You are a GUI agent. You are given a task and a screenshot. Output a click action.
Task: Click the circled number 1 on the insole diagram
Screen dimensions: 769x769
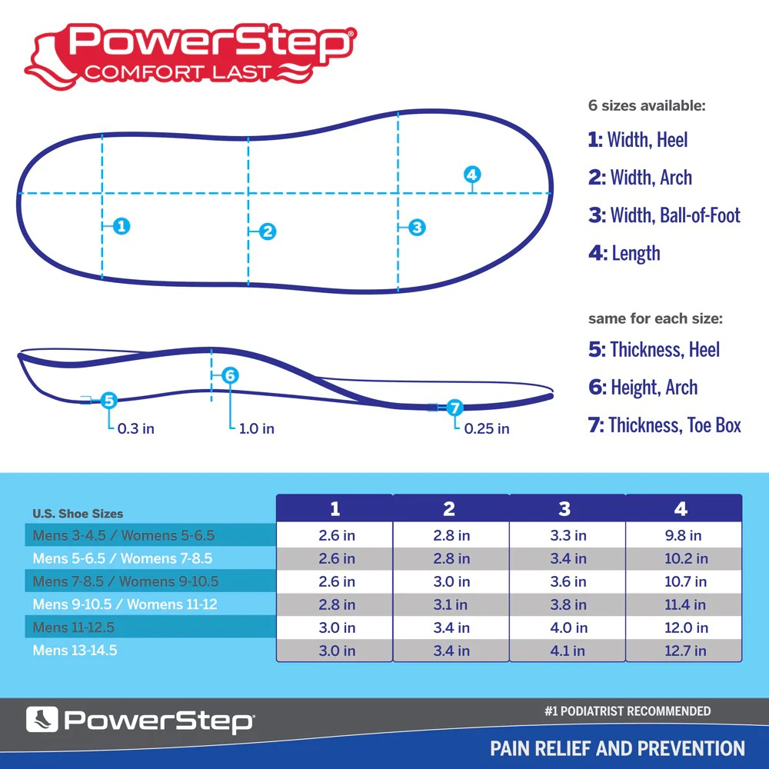pos(121,226)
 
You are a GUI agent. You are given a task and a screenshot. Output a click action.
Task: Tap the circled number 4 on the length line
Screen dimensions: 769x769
pos(472,175)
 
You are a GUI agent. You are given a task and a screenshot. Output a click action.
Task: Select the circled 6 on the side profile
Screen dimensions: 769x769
pos(230,375)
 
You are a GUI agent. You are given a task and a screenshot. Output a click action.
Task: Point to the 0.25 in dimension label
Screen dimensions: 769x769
pos(486,428)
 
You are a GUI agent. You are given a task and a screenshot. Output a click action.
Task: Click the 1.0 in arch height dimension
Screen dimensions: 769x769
pos(256,428)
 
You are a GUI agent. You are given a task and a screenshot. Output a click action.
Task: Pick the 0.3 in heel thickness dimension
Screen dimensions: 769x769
pos(135,428)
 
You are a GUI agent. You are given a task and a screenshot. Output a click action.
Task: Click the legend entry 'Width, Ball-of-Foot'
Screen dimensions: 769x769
pos(664,215)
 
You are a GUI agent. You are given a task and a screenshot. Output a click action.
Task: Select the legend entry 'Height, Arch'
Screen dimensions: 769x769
pos(643,387)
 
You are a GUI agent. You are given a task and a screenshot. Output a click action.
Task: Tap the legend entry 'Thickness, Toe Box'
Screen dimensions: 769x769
pos(664,424)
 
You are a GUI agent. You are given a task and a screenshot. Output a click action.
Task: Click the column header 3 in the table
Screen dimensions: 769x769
pos(565,509)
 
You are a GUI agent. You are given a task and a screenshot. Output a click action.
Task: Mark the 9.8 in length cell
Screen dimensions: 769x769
pos(683,535)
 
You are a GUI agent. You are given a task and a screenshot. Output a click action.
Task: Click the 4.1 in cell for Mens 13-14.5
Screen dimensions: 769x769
pos(568,651)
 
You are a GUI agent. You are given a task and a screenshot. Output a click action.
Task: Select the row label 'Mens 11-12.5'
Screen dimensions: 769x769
pos(74,628)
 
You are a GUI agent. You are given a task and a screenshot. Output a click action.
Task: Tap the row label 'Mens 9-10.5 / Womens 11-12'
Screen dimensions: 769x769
pos(125,604)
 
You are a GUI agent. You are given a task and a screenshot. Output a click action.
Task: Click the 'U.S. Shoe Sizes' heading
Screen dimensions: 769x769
pos(78,513)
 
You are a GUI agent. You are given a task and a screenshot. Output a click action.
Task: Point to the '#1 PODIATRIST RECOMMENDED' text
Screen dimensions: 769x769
pos(627,711)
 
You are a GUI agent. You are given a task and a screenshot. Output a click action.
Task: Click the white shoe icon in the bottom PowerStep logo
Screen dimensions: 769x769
pos(42,720)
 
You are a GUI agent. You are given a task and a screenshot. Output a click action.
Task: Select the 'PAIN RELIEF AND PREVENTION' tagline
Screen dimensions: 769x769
pos(618,748)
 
